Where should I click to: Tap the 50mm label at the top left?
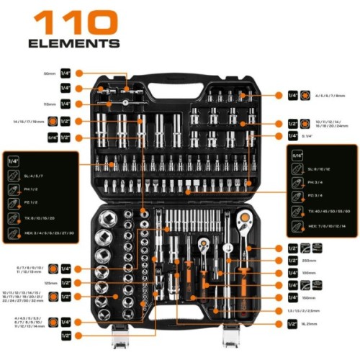48,73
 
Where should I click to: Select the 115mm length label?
48,104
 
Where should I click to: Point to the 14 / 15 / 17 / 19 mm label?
33,122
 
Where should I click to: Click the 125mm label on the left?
49,284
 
